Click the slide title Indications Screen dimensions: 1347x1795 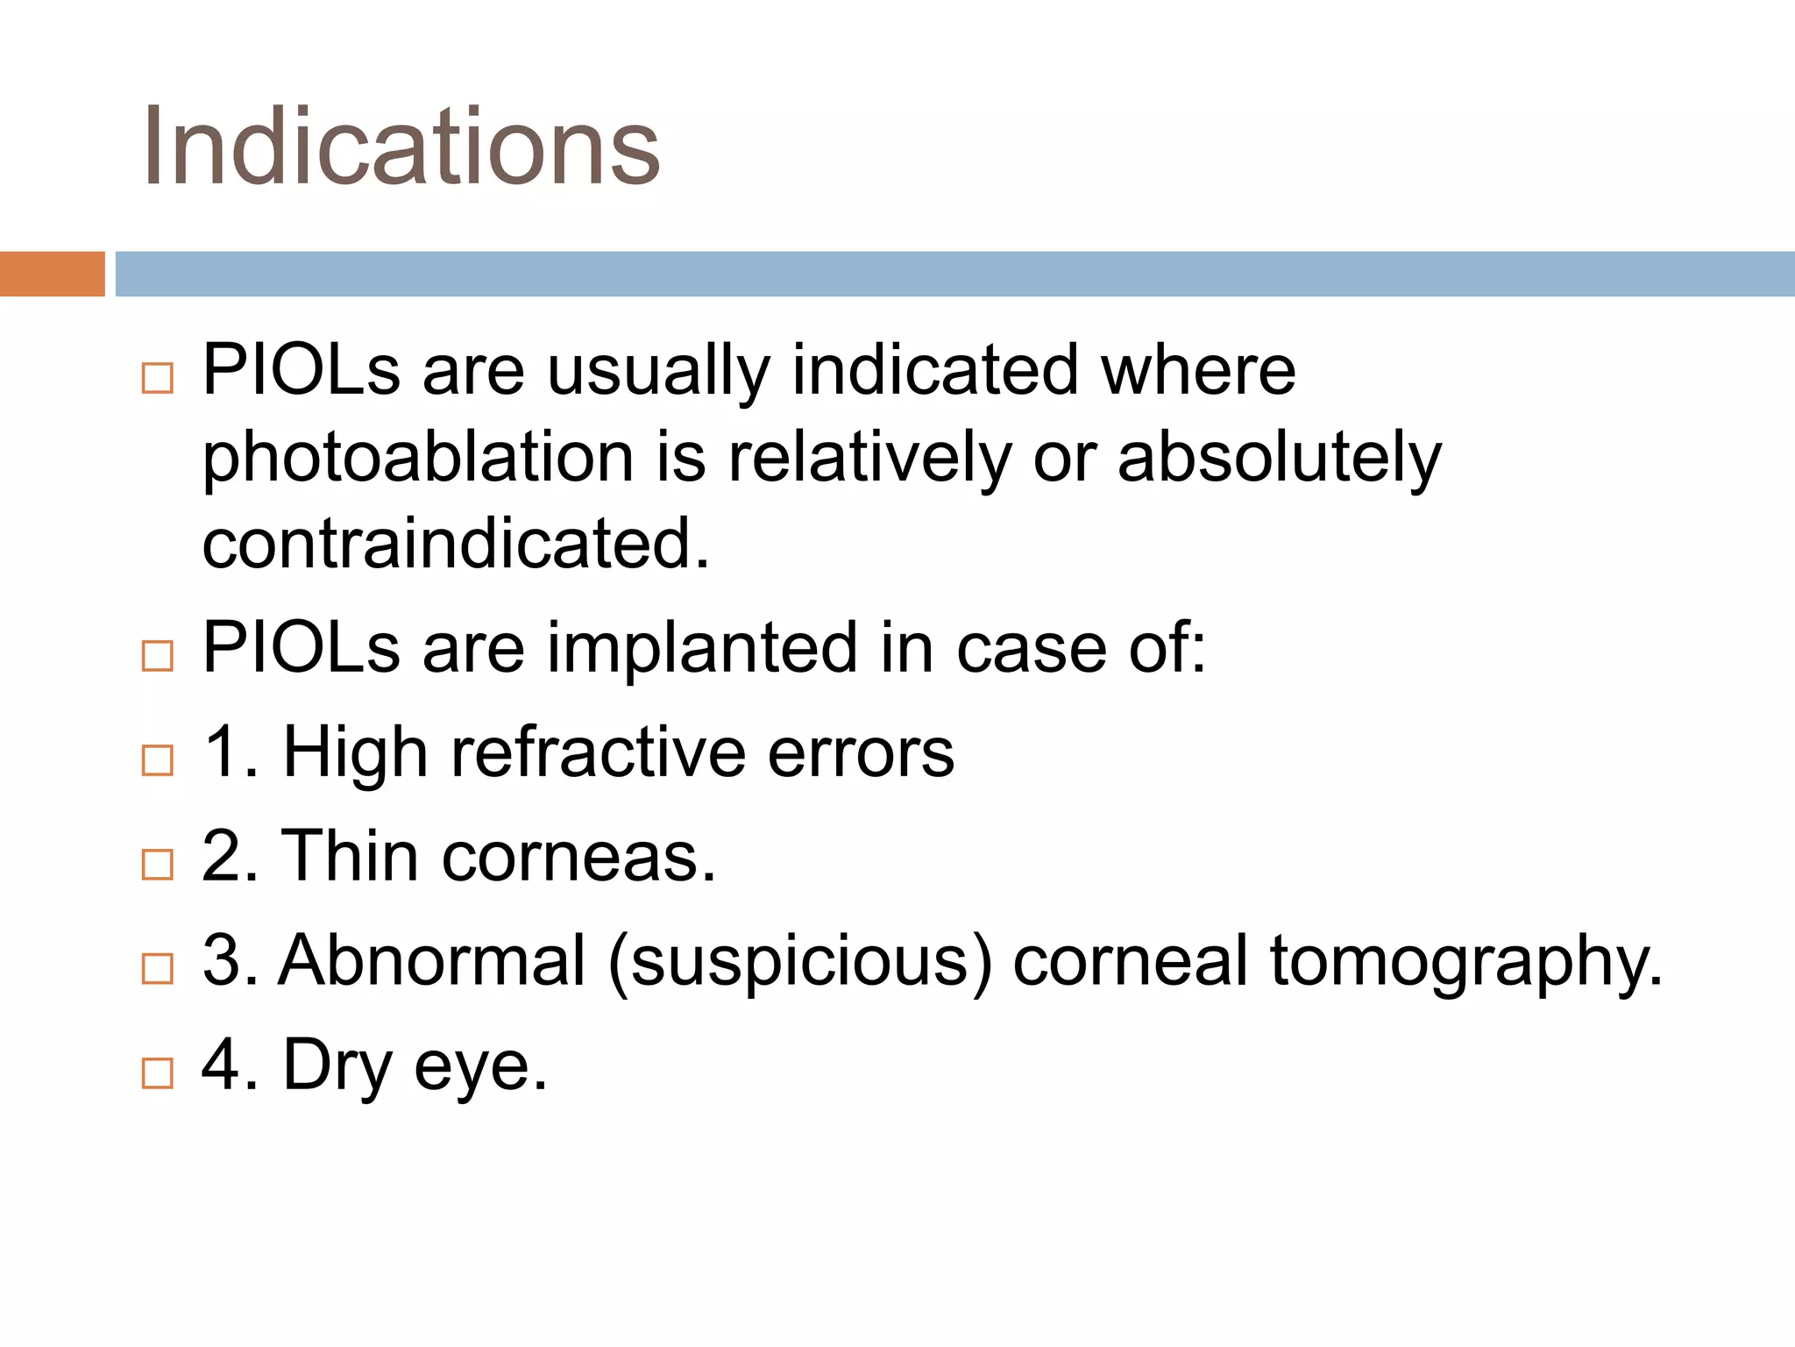pyautogui.click(x=401, y=146)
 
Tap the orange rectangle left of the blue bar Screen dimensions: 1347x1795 pyautogui.click(x=52, y=274)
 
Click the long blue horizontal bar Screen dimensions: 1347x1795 pyautogui.click(x=954, y=274)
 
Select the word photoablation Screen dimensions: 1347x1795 pyautogui.click(x=418, y=459)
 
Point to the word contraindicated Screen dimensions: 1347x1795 pyautogui.click(x=455, y=544)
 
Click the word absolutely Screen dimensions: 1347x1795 pyautogui.click(x=1279, y=459)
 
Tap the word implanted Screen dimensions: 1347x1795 pyautogui.click(x=702, y=648)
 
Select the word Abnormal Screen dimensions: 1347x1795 pyautogui.click(x=432, y=960)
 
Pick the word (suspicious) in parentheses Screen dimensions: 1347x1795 pyautogui.click(x=800, y=962)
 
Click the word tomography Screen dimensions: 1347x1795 pyautogui.click(x=1465, y=962)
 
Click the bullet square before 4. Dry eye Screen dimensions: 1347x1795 pyautogui.click(x=158, y=1073)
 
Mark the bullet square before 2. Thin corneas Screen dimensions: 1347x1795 pyautogui.click(x=158, y=864)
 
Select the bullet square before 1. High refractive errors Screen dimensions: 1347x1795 pyautogui.click(x=158, y=759)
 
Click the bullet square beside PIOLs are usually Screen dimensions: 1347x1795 pyautogui.click(x=158, y=378)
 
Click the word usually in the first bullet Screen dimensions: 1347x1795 pyautogui.click(x=658, y=371)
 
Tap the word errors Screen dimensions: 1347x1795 pyautogui.click(x=861, y=752)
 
